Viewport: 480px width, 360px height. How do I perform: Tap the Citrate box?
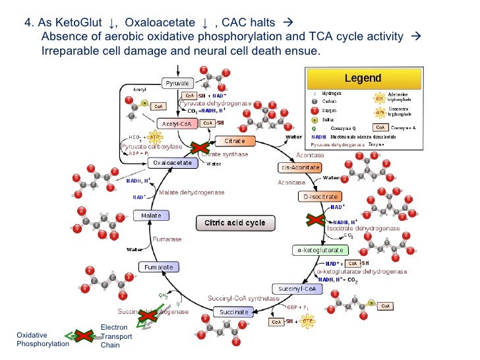coord(234,141)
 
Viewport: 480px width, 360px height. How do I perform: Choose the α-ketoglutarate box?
coord(318,251)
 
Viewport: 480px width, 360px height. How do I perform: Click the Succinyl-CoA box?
coord(297,289)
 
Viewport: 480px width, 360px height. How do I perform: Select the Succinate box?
coord(233,311)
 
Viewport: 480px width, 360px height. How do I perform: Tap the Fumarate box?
coord(159,267)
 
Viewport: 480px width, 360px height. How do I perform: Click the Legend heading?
coord(363,78)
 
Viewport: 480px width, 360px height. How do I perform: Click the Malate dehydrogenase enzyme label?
coord(192,193)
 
